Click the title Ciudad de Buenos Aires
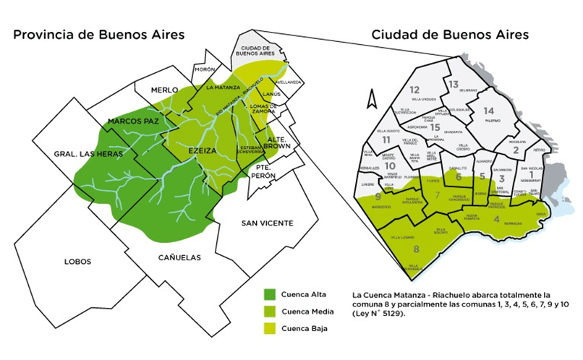coord(448,34)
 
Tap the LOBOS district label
coord(77,261)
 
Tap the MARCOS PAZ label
coord(133,121)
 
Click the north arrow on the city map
coord(372,97)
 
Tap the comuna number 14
coord(489,110)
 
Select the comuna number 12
coord(414,90)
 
